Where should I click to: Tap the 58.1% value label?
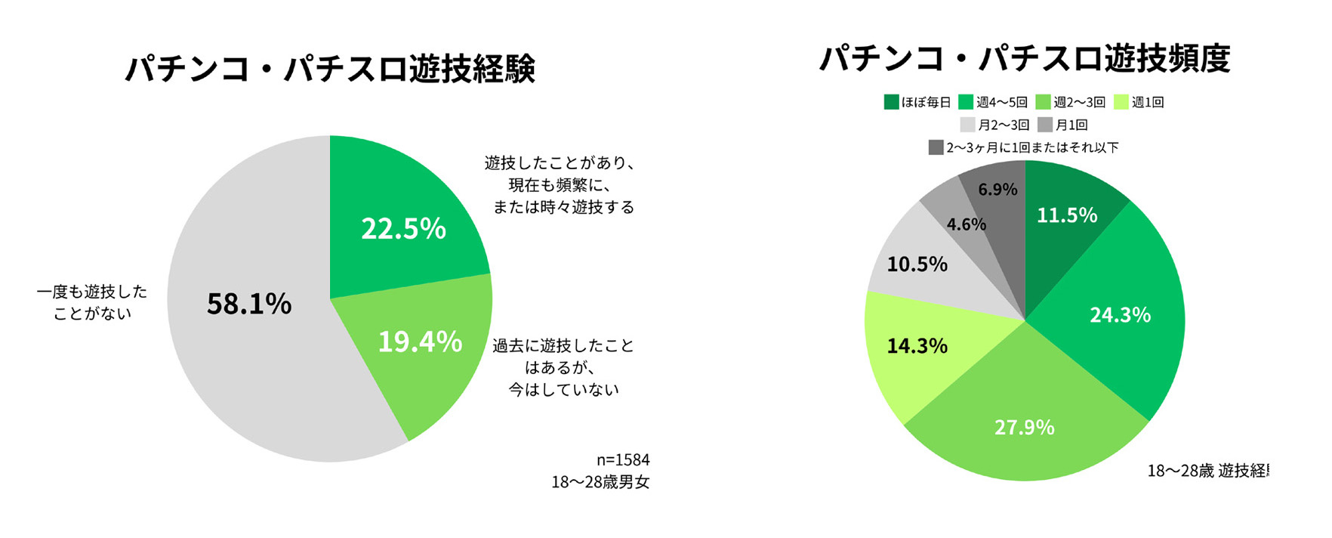click(x=249, y=304)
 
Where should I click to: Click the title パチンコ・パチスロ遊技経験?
click(x=330, y=69)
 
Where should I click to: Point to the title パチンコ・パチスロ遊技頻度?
click(x=1025, y=58)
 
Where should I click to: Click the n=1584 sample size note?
click(x=623, y=459)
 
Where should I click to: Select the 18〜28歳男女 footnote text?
click(x=600, y=482)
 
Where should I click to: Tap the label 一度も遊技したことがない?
click(x=92, y=302)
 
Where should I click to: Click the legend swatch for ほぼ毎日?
click(x=891, y=102)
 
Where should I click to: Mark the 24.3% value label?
click(x=1120, y=314)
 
